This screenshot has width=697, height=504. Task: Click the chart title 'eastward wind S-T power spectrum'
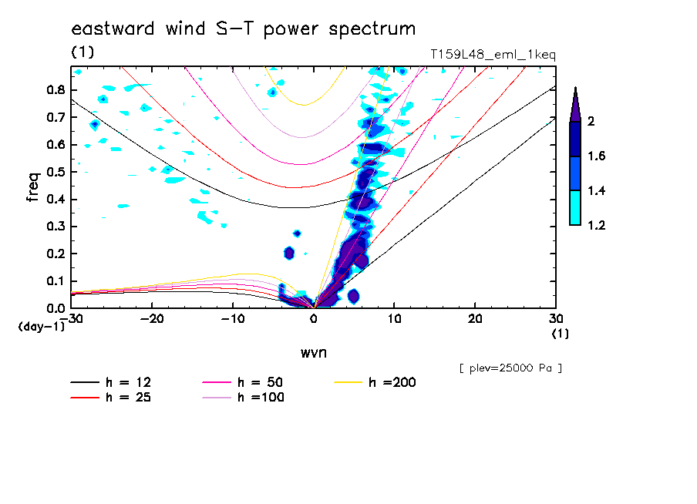[x=244, y=29]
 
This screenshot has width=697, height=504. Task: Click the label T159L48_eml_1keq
[x=493, y=55]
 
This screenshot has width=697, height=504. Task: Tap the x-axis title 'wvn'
[x=313, y=353]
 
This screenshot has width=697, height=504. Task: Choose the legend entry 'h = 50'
[x=262, y=382]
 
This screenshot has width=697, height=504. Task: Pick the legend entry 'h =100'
[x=262, y=398]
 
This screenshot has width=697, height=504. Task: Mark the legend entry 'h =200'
[x=392, y=382]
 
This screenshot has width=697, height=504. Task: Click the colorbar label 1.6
[x=597, y=156]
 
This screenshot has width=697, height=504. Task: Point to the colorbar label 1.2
[x=597, y=225]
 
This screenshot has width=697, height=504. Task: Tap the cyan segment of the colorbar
[x=575, y=208]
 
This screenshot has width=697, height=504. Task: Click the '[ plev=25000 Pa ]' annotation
[x=510, y=368]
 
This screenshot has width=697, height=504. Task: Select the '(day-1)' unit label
[x=42, y=327]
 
